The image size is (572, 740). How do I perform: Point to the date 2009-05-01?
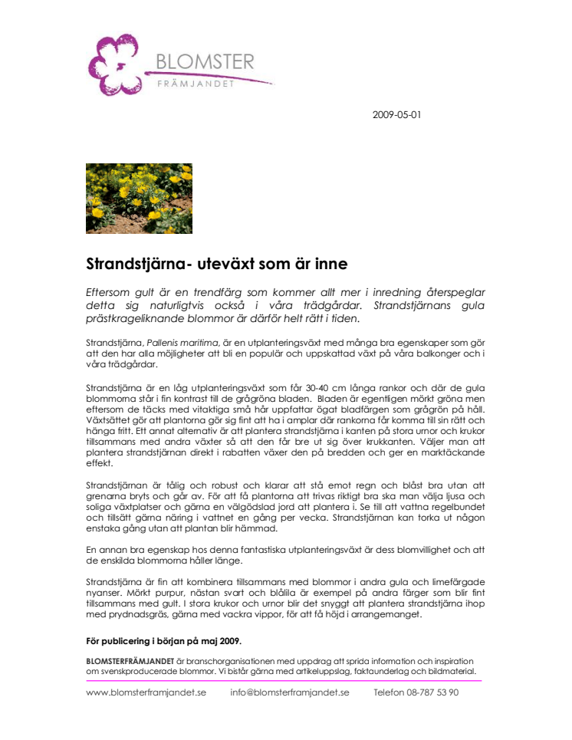[396, 116]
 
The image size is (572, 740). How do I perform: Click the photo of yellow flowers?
[139, 199]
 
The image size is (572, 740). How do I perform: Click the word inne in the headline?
[330, 265]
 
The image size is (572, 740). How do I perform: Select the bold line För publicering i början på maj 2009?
[164, 641]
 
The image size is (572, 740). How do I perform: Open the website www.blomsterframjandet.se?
[146, 692]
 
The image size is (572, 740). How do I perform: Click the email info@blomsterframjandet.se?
[290, 692]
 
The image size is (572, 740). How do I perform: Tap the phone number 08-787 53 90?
[433, 692]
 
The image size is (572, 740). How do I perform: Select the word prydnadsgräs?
[136, 614]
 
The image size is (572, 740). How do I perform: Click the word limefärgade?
[455, 582]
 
